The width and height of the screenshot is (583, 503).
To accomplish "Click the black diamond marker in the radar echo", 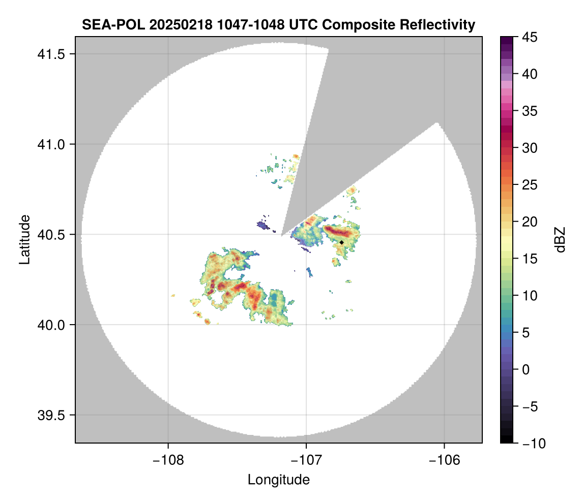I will click(x=342, y=243).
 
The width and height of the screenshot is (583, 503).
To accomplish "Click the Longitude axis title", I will click(x=279, y=480).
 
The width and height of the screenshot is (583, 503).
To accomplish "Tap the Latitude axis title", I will click(x=24, y=239).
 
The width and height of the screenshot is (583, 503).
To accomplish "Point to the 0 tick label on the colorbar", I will click(x=527, y=369).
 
